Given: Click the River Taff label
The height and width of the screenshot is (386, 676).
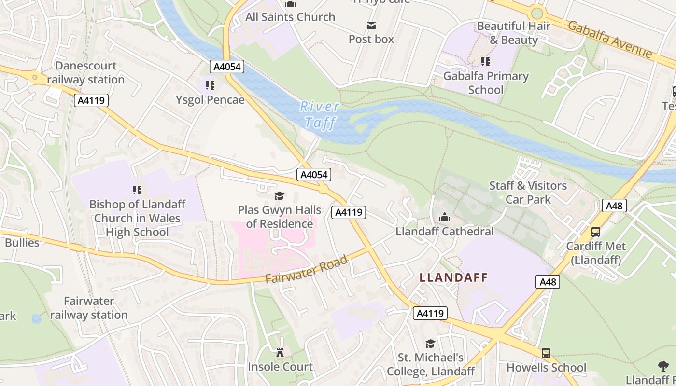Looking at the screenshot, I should pyautogui.click(x=319, y=115).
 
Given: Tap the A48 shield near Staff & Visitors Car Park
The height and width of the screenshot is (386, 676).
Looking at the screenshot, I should pyautogui.click(x=614, y=206).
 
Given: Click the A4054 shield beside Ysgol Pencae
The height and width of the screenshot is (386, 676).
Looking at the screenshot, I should pyautogui.click(x=227, y=67).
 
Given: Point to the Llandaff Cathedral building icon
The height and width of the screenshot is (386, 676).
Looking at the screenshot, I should pyautogui.click(x=445, y=218).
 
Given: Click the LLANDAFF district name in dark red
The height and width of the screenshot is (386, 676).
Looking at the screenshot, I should pyautogui.click(x=453, y=277).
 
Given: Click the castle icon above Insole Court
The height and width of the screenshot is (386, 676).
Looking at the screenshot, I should pyautogui.click(x=280, y=352).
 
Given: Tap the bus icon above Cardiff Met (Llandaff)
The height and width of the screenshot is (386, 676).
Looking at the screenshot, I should pyautogui.click(x=596, y=232).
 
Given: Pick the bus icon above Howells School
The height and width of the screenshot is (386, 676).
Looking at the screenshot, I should pyautogui.click(x=546, y=353).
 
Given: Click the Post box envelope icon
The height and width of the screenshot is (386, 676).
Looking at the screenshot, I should pyautogui.click(x=371, y=26).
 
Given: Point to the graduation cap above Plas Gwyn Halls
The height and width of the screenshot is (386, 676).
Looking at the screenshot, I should pyautogui.click(x=279, y=196).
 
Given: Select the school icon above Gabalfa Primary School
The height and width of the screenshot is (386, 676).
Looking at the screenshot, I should pyautogui.click(x=486, y=62).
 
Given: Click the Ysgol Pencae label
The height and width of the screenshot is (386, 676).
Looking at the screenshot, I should pyautogui.click(x=210, y=100).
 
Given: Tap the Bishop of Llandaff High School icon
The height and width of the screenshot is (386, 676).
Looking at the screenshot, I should pyautogui.click(x=137, y=190).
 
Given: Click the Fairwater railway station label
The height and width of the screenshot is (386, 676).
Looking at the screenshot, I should pyautogui.click(x=89, y=308).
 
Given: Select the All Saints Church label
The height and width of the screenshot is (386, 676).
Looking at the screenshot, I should pyautogui.click(x=290, y=17).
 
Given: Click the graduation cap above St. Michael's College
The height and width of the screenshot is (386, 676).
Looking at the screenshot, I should pyautogui.click(x=430, y=344).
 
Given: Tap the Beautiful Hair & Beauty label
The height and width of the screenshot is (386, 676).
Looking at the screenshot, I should pyautogui.click(x=514, y=33).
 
